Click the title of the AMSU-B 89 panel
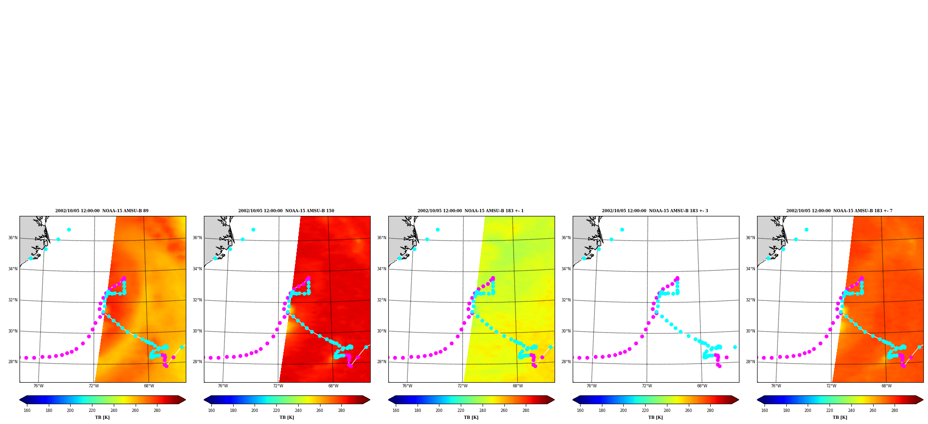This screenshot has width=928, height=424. (x=102, y=211)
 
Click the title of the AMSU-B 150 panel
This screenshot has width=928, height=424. (x=286, y=211)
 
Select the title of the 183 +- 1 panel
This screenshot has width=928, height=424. (x=471, y=211)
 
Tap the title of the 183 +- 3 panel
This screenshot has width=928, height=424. (x=655, y=211)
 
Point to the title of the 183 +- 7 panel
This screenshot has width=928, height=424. (x=839, y=211)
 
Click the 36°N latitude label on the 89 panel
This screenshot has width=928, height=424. (x=13, y=238)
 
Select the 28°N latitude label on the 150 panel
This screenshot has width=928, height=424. (x=197, y=362)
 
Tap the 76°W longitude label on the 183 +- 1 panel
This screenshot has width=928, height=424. (x=407, y=386)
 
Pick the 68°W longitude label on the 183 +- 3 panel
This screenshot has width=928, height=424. (x=702, y=386)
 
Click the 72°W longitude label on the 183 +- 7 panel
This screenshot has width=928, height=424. (x=831, y=386)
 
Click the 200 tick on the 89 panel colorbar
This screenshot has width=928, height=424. (x=70, y=411)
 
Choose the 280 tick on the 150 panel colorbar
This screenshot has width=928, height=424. (x=341, y=411)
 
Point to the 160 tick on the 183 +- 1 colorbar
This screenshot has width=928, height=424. (x=396, y=411)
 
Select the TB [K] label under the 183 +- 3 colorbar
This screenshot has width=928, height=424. (x=655, y=417)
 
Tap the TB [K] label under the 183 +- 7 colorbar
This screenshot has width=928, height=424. (x=840, y=417)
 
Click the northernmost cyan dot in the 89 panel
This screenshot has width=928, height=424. (x=69, y=229)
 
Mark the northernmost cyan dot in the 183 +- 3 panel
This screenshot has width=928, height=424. (x=622, y=229)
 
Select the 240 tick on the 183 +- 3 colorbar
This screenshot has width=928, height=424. (x=667, y=411)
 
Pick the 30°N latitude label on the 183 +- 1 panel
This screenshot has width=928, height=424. (x=381, y=331)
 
